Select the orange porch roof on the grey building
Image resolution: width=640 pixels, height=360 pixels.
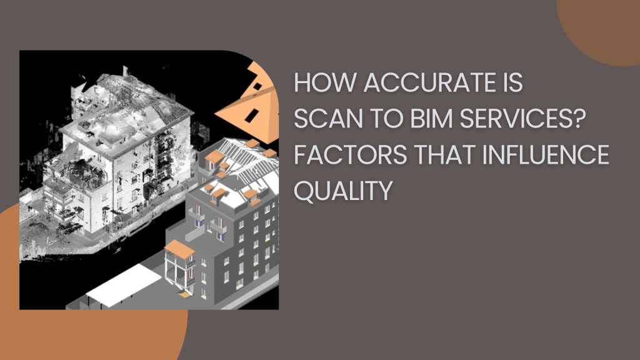tap(179, 250)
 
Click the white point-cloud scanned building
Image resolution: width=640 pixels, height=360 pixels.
tap(125, 156)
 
